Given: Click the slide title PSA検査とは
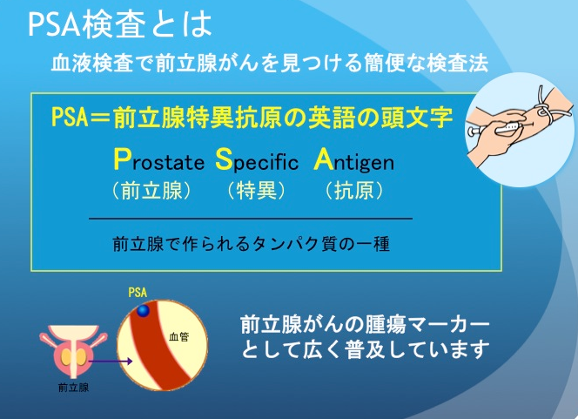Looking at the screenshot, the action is (x=120, y=25).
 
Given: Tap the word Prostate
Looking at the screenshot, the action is (x=159, y=159).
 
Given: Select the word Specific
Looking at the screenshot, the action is (x=257, y=159).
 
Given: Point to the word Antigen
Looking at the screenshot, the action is (x=354, y=160).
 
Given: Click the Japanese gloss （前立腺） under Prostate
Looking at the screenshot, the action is (x=151, y=191).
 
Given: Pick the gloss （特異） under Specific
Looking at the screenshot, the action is (x=256, y=191).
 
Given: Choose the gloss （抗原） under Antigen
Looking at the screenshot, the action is (x=354, y=191).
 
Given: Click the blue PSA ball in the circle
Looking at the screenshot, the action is (x=143, y=311).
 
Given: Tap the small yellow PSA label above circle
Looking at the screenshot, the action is (x=138, y=293).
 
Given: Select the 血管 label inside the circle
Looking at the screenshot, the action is (x=178, y=336).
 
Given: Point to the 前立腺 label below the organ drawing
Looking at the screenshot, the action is (x=73, y=388).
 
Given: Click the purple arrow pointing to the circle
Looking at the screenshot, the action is (x=111, y=362).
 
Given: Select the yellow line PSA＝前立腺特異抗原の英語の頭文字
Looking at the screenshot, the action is (x=252, y=118).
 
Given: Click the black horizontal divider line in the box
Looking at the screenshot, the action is (x=251, y=219).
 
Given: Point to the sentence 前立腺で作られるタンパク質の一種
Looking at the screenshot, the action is (x=251, y=244).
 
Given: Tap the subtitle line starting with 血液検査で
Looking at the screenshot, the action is (x=270, y=63).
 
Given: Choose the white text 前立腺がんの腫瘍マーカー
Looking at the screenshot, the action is (x=365, y=325).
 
